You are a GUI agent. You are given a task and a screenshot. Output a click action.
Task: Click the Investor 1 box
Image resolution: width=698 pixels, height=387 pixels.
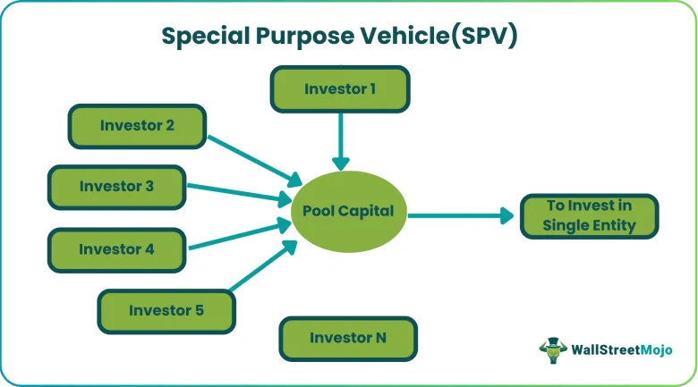340,89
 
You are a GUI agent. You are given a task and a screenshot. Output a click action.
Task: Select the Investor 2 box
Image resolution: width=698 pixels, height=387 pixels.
137,126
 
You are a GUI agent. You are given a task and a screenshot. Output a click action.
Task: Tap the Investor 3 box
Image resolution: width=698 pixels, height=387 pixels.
116,187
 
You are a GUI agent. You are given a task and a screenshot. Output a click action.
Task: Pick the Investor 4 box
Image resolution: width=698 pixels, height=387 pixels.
116,249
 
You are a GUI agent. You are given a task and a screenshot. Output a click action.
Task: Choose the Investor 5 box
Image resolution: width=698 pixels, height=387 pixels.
166,311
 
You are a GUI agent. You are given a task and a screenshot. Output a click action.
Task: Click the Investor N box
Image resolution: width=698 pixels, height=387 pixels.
348,339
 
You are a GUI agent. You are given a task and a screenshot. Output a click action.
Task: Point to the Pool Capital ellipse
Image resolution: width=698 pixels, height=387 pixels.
349,211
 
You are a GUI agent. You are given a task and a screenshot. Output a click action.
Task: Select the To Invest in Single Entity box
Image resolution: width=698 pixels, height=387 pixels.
590,216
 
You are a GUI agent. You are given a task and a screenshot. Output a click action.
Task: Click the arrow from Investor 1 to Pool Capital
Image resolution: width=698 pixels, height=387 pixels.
341,141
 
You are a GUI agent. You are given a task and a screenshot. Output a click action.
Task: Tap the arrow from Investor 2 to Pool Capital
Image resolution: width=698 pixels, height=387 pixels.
255,161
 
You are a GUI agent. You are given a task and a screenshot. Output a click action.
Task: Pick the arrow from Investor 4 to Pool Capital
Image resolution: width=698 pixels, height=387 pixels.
241,234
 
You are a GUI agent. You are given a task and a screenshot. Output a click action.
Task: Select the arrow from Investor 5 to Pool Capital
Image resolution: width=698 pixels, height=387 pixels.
263,265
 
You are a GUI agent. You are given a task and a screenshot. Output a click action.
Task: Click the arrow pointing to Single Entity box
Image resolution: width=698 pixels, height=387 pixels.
461,215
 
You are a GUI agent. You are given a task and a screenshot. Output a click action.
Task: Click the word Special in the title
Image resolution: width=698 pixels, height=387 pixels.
205,37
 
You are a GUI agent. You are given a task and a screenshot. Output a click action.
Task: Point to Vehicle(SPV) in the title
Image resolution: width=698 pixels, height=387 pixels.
438,36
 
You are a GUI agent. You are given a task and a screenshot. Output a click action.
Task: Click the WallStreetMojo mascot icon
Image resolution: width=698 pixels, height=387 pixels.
553,350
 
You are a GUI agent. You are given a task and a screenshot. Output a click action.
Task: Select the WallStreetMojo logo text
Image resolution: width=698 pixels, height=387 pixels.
621,350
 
